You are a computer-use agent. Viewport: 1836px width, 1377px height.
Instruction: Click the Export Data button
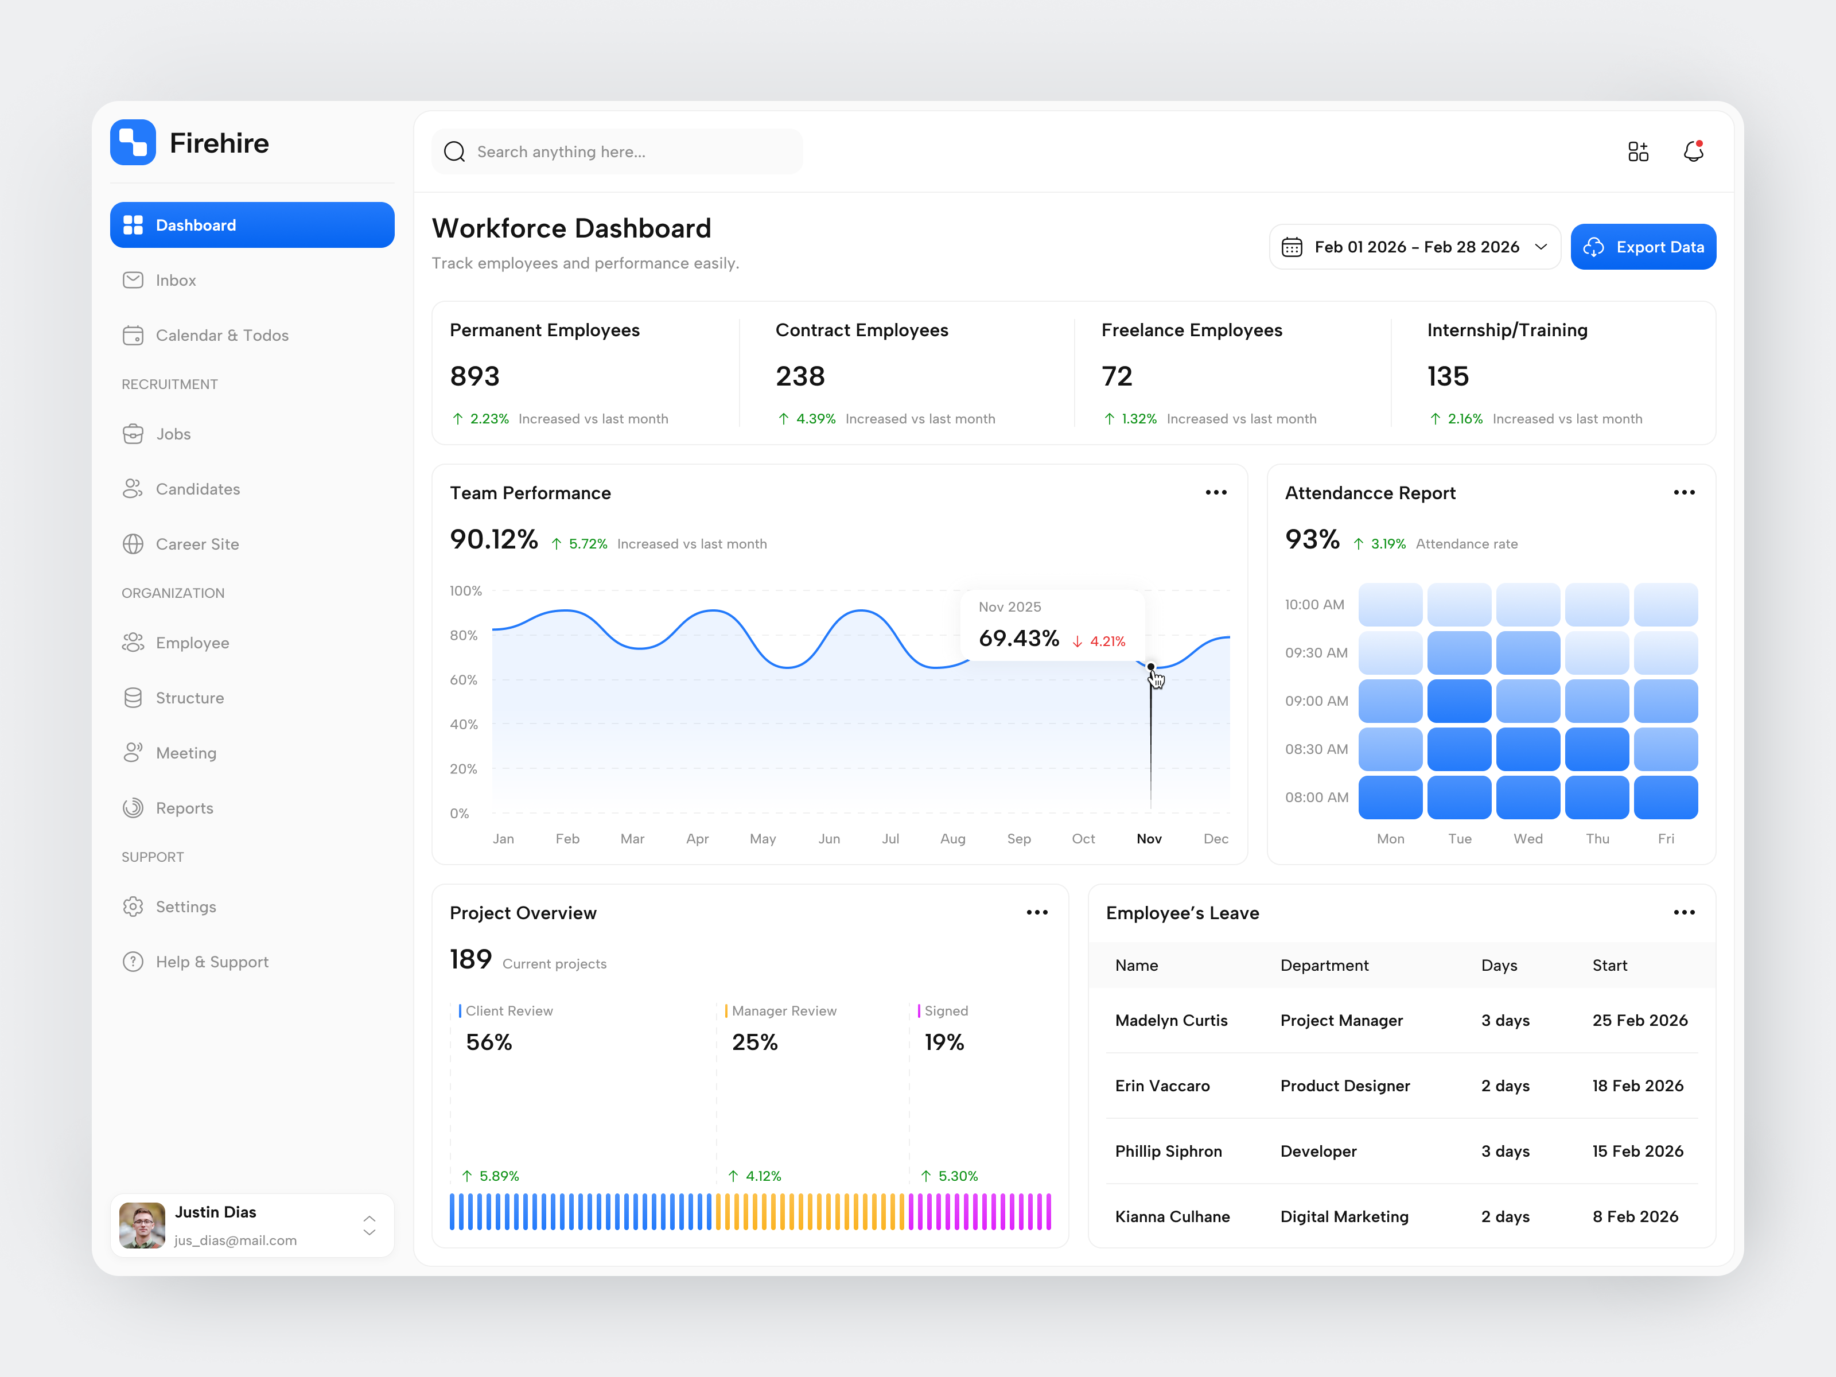(x=1643, y=247)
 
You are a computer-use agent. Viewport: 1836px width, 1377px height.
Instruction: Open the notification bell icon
(x=1693, y=152)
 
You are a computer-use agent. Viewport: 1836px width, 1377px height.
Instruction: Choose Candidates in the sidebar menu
(x=197, y=489)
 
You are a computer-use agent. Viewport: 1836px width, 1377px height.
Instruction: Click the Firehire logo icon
(x=133, y=143)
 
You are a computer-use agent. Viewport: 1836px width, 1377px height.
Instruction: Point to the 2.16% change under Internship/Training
(x=1464, y=419)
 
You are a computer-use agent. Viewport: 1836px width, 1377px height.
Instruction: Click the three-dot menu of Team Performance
(x=1216, y=492)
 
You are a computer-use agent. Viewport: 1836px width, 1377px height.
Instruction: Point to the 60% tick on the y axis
(x=463, y=680)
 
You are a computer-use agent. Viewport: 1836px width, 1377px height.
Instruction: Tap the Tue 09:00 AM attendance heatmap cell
(x=1458, y=701)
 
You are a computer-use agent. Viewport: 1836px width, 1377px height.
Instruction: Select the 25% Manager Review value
(x=754, y=1042)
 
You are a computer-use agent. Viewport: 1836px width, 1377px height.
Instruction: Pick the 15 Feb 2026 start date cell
(x=1637, y=1152)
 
